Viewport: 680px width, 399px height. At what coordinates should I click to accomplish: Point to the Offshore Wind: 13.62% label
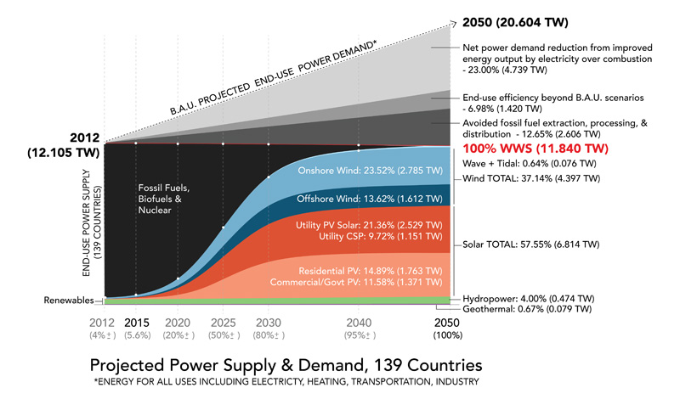point(385,199)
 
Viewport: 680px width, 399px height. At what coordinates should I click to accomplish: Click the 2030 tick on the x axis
point(268,323)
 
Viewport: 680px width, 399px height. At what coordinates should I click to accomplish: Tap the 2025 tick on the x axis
point(224,323)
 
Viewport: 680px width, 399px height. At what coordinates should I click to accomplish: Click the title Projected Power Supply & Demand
point(286,365)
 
